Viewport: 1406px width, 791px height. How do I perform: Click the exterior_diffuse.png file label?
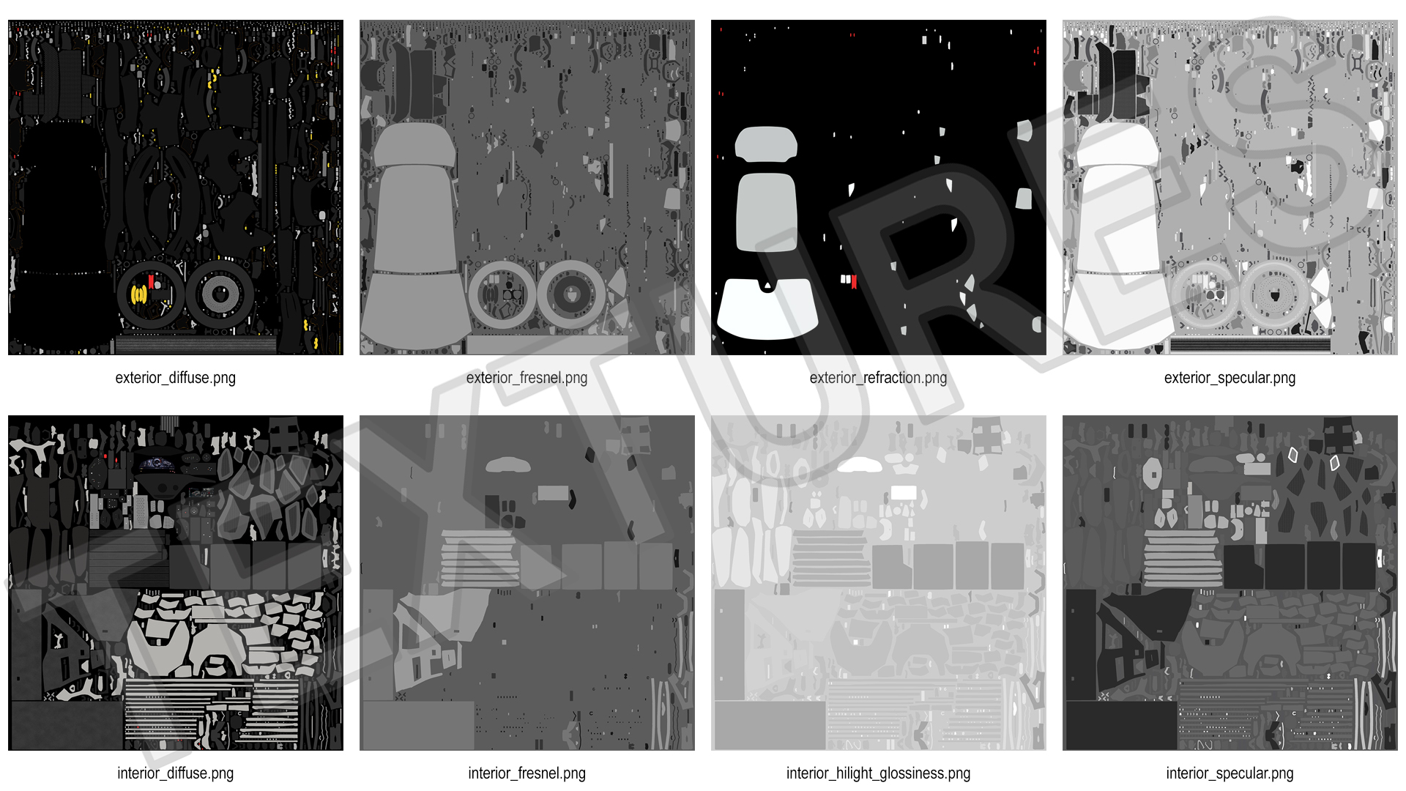(x=175, y=378)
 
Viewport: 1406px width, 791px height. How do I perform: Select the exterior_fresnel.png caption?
(x=527, y=378)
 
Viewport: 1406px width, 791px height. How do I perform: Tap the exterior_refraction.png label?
(x=878, y=378)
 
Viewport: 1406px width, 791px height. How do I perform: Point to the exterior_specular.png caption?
(x=1230, y=378)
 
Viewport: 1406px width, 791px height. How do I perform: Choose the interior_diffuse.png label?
(x=175, y=773)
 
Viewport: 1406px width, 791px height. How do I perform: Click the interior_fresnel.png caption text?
(x=527, y=773)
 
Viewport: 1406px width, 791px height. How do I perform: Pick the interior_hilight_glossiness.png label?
(x=878, y=773)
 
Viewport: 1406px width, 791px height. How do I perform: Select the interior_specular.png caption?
(x=1230, y=773)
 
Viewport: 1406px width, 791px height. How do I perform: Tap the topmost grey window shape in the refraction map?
(x=765, y=144)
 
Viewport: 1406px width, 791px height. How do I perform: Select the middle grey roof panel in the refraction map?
(x=766, y=212)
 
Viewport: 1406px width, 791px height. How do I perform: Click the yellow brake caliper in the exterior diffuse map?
(x=138, y=295)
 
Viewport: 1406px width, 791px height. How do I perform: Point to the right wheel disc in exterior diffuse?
(x=220, y=295)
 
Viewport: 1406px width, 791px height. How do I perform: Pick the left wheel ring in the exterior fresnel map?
(x=502, y=295)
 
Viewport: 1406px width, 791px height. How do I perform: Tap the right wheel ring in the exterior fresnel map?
(x=571, y=295)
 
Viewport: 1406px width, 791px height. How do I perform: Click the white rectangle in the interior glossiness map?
(x=904, y=493)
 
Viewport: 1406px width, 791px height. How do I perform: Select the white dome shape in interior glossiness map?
(x=860, y=465)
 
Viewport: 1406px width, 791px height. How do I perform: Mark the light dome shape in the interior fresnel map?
(x=508, y=465)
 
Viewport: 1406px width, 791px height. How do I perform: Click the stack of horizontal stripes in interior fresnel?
(x=479, y=558)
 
